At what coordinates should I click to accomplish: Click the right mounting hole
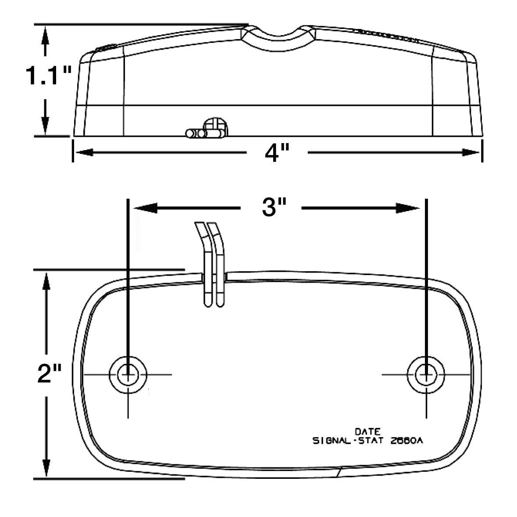coord(426,374)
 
